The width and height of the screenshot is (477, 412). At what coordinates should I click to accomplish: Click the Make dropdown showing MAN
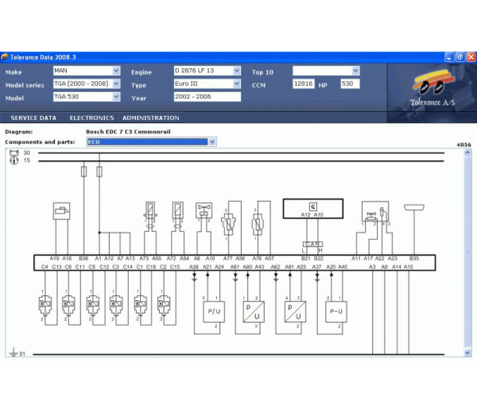(x=87, y=71)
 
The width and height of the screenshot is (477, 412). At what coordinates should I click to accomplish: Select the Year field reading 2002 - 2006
(x=207, y=97)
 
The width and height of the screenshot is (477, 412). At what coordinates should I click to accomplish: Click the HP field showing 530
(x=350, y=83)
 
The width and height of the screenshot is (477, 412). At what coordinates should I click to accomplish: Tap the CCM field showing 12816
(x=304, y=83)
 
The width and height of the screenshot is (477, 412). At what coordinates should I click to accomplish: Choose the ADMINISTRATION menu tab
(x=150, y=117)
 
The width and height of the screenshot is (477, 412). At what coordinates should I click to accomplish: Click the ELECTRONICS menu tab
(x=91, y=117)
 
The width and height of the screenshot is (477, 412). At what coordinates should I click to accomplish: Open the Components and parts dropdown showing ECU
(x=151, y=142)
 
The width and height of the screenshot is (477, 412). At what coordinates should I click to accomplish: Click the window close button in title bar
(x=470, y=56)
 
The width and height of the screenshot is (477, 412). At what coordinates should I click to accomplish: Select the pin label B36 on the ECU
(x=83, y=259)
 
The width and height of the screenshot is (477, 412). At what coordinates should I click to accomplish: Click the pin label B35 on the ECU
(x=413, y=259)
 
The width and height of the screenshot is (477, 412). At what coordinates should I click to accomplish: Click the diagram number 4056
(x=463, y=146)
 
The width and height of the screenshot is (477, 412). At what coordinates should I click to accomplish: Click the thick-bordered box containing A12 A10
(x=312, y=209)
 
